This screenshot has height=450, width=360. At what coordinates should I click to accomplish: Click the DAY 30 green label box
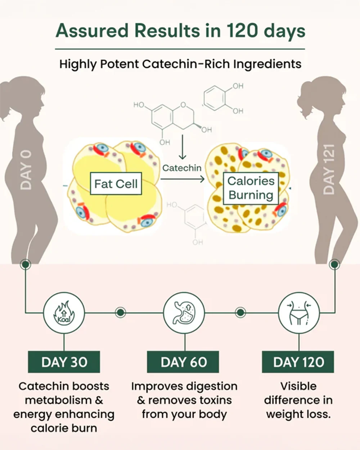tap(64, 362)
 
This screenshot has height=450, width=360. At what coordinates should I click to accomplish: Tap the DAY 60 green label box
tap(183, 362)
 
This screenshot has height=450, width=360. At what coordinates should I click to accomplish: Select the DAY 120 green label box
tap(298, 362)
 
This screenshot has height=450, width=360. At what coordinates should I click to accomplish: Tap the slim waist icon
tap(299, 313)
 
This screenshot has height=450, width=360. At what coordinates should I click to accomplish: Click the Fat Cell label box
tap(116, 184)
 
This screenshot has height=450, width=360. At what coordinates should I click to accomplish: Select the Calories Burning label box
tap(251, 188)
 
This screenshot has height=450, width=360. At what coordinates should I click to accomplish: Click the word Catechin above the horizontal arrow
tap(182, 168)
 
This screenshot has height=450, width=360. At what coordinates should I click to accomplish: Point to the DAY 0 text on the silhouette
tap(26, 170)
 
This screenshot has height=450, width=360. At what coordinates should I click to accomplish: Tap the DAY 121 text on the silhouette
tap(329, 169)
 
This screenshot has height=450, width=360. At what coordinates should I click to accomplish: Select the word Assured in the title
tap(92, 31)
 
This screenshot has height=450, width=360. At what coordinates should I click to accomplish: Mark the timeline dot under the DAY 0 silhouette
tap(26, 264)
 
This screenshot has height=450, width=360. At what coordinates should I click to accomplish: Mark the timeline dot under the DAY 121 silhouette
tap(334, 264)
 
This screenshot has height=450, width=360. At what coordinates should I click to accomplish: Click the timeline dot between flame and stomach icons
tap(121, 312)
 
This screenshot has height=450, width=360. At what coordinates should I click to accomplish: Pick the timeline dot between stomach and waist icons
tap(240, 312)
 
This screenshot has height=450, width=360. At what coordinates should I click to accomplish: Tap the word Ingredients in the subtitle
tap(267, 64)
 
